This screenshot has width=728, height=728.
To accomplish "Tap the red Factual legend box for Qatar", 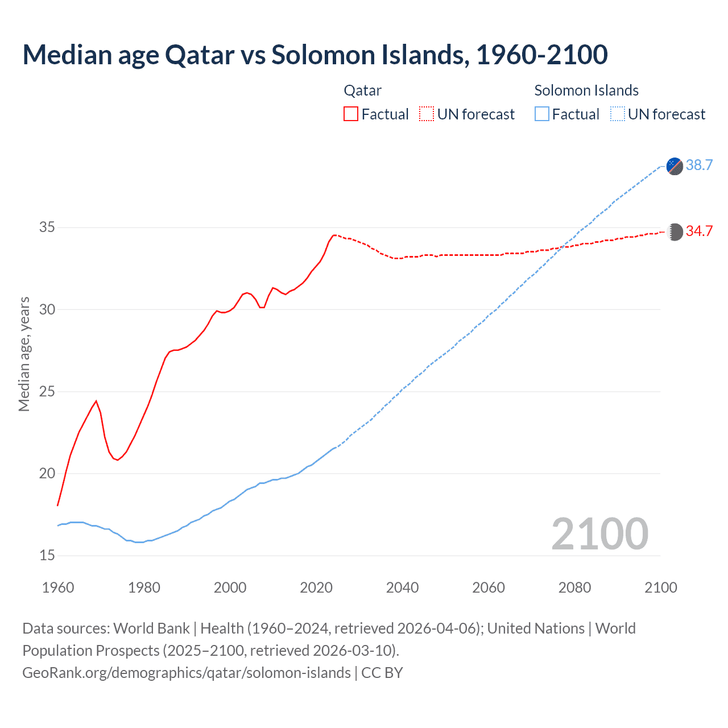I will [351, 114].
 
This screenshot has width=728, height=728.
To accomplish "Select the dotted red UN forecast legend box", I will [427, 114].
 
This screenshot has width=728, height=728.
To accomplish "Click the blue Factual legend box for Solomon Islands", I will [542, 114].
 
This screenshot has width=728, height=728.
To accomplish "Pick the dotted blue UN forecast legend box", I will [618, 114].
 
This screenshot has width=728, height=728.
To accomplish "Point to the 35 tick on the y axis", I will [47, 227].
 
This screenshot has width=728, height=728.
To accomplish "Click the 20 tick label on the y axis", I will [47, 473].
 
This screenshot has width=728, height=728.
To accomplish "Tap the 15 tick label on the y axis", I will [47, 555].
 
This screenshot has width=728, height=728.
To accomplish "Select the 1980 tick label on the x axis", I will [144, 588].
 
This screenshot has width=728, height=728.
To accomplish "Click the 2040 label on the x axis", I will [402, 588].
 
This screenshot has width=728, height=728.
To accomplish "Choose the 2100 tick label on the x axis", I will [660, 588].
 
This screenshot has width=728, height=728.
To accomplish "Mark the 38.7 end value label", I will [699, 165].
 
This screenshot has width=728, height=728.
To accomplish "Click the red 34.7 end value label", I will [699, 231].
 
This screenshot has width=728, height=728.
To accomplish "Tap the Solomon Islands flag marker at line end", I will [675, 166].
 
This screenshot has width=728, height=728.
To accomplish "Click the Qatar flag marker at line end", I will [675, 232].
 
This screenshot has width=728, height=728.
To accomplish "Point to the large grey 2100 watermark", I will [600, 533].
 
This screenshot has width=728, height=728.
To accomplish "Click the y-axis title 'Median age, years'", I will [24, 354].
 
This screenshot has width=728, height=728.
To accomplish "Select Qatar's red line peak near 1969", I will [96, 401].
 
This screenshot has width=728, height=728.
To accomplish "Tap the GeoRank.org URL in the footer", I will [187, 672].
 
